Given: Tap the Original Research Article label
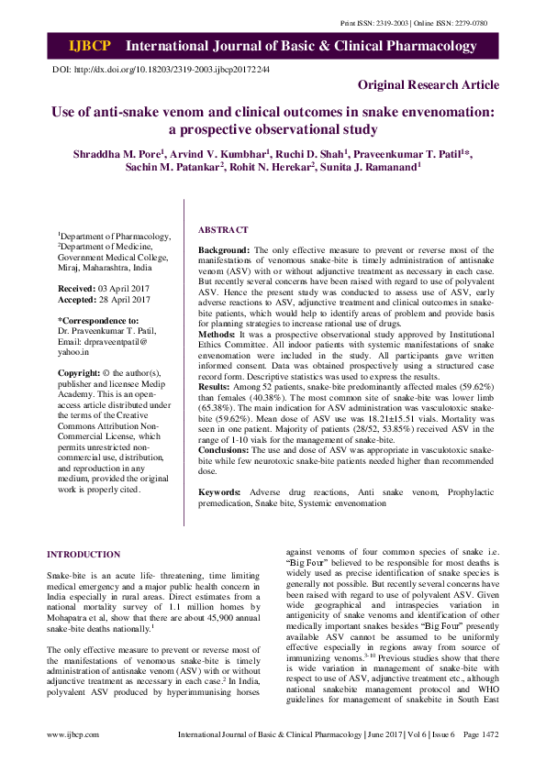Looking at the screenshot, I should [x=429, y=84].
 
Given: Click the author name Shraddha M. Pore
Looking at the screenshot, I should [x=115, y=153].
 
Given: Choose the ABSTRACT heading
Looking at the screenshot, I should [x=222, y=230].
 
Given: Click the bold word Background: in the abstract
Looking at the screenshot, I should [x=225, y=249].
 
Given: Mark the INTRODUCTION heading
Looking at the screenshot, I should [x=84, y=555].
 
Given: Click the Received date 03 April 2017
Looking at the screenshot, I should [x=119, y=288].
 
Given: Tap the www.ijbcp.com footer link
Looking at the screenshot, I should [x=72, y=759].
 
